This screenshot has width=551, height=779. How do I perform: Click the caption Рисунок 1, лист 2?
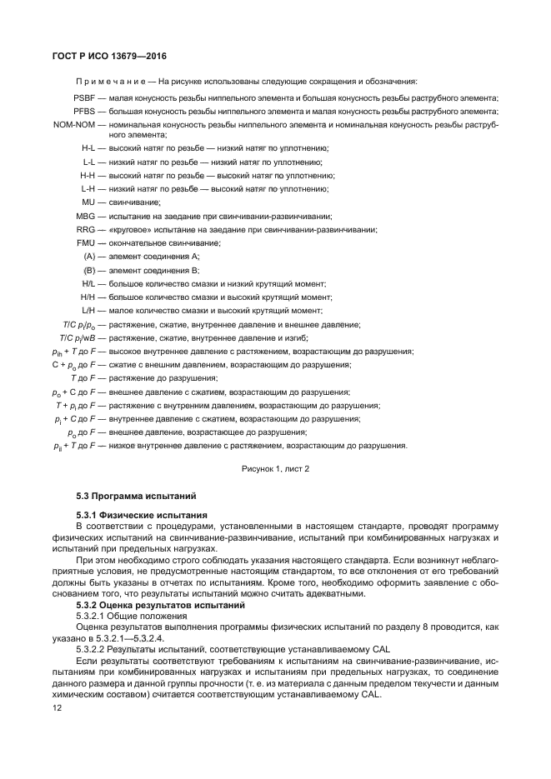click(274, 469)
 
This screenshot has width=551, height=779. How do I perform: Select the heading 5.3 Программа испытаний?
click(133, 497)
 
